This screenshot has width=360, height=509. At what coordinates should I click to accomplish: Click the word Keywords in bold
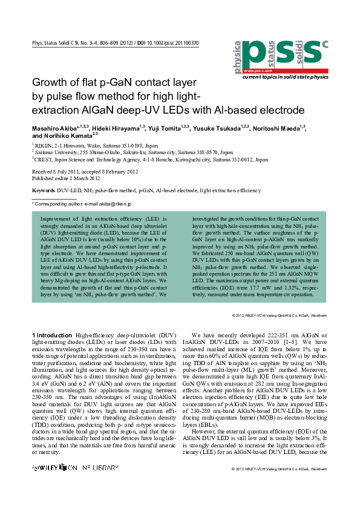click(x=43, y=190)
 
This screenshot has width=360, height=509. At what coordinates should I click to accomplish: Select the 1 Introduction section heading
click(x=52, y=334)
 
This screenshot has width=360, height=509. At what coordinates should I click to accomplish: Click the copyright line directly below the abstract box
click(x=280, y=316)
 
